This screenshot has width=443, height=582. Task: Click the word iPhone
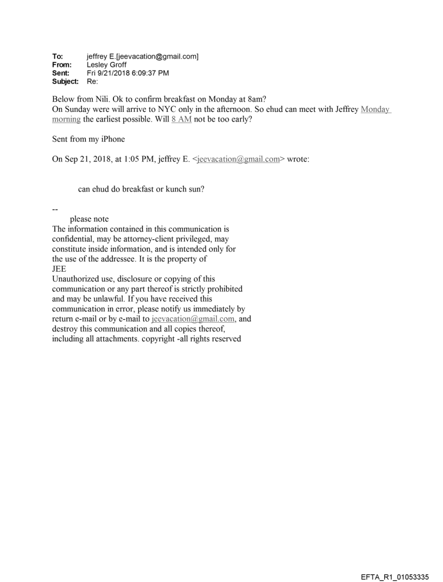point(112,139)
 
